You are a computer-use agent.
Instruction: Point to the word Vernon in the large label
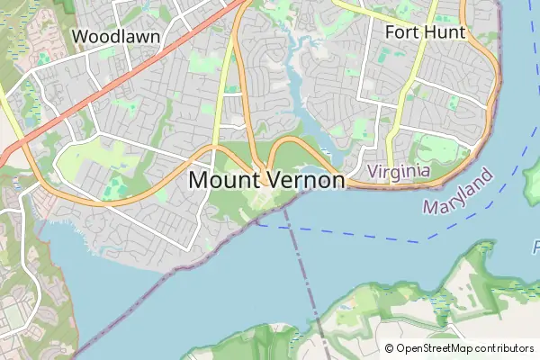point(304,180)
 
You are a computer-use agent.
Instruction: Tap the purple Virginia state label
point(399,170)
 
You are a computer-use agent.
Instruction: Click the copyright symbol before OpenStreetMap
point(389,348)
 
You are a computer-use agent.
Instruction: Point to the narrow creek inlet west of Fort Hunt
point(293,90)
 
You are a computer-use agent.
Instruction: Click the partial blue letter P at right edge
point(535,245)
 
